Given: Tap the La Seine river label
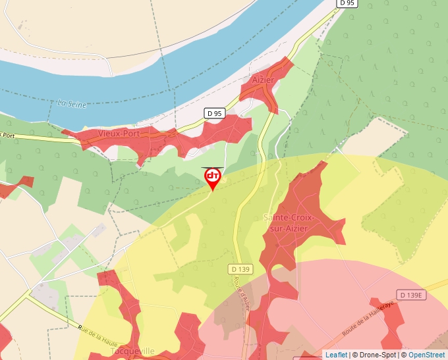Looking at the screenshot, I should click(x=72, y=103).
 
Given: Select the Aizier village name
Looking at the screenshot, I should click(x=262, y=80).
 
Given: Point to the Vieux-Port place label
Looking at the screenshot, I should click(x=119, y=134).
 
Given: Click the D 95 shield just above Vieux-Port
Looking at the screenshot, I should click(x=214, y=113).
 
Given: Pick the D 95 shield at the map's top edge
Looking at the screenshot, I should click(x=347, y=3).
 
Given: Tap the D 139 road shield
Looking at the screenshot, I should click(x=242, y=269).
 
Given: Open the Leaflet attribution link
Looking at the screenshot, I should click(x=336, y=355).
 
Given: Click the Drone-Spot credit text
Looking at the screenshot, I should click(x=375, y=355).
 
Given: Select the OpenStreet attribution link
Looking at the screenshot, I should click(x=427, y=355).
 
